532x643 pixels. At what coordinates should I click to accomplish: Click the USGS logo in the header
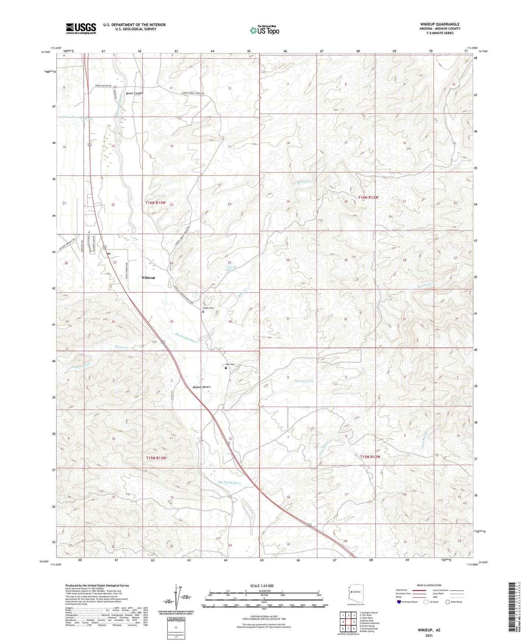click(x=81, y=28)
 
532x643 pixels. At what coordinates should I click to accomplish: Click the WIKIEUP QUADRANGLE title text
click(x=437, y=24)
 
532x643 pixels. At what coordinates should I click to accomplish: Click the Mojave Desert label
click(x=201, y=387)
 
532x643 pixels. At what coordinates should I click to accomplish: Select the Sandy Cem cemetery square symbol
click(x=203, y=312)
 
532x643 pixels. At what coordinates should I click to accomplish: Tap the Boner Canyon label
click(x=134, y=94)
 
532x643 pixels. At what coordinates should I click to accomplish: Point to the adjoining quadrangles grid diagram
click(x=348, y=622)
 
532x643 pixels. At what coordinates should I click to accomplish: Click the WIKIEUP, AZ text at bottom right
click(x=429, y=630)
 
